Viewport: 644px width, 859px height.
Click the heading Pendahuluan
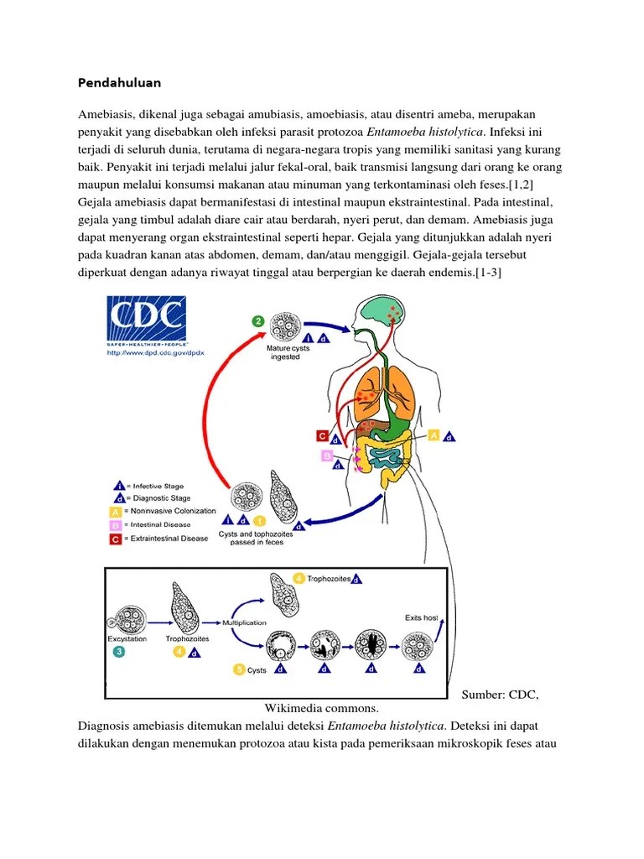[119, 83]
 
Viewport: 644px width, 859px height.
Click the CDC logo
[148, 319]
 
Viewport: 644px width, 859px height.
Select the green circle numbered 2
[259, 320]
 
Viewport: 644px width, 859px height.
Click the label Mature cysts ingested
[285, 352]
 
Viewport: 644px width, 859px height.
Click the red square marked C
[321, 435]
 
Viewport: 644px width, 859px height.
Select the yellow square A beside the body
[434, 435]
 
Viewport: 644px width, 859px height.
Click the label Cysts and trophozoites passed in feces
[252, 538]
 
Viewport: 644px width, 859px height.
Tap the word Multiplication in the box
[244, 622]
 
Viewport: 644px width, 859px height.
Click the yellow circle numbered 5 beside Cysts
[239, 670]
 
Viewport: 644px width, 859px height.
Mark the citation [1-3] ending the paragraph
[488, 273]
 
